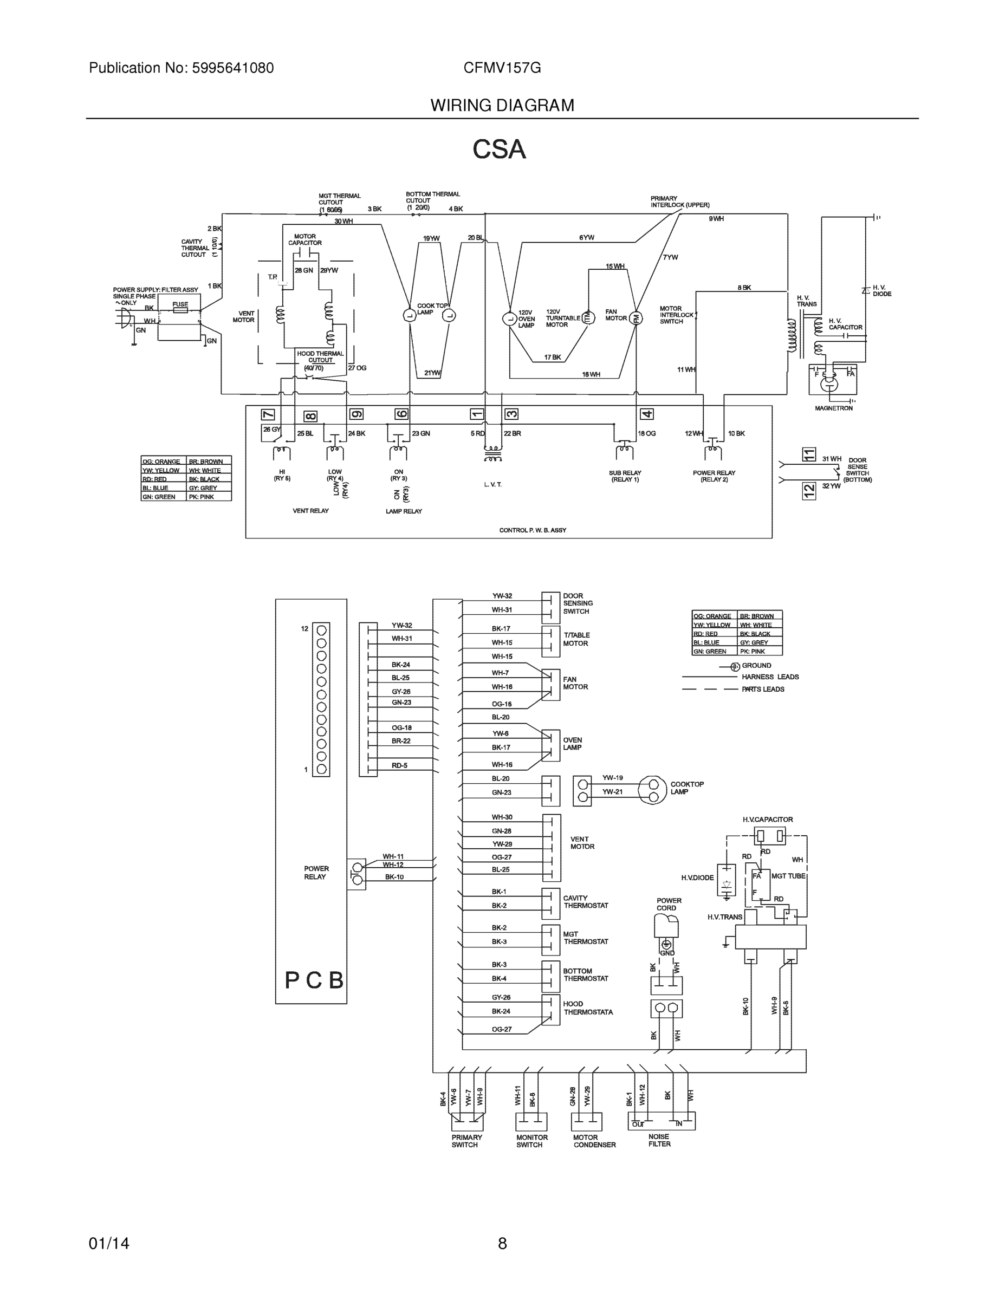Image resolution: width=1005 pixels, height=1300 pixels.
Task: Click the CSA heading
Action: pyautogui.click(x=499, y=149)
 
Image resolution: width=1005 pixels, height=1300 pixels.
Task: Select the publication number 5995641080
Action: pyautogui.click(x=233, y=68)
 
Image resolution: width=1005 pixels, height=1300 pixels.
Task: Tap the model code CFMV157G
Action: pyautogui.click(x=502, y=68)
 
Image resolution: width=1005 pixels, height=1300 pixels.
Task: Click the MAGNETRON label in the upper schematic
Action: pyautogui.click(x=834, y=408)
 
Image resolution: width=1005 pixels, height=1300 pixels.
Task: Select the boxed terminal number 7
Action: pyautogui.click(x=269, y=415)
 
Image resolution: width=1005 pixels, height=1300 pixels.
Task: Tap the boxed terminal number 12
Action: pyautogui.click(x=808, y=490)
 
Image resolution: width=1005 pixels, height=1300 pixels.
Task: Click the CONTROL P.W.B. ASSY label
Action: pyautogui.click(x=532, y=530)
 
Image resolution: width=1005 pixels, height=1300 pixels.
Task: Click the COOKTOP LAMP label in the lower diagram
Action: pyautogui.click(x=686, y=788)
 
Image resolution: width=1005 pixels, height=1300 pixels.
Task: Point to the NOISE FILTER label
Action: pyautogui.click(x=659, y=1140)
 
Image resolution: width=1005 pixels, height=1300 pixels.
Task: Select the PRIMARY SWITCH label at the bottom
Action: pyautogui.click(x=466, y=1140)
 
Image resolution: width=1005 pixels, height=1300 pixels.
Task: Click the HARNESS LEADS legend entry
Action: pyautogui.click(x=770, y=677)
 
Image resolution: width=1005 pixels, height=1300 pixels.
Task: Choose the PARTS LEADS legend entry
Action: pyautogui.click(x=763, y=690)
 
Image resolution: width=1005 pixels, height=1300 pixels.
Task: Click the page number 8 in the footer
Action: pyautogui.click(x=502, y=1244)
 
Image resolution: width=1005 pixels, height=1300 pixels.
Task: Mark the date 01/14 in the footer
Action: pyautogui.click(x=109, y=1244)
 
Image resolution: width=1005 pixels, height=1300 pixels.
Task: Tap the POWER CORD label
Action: pyautogui.click(x=669, y=904)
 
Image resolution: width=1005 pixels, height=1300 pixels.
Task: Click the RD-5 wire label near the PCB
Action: pyautogui.click(x=399, y=765)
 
